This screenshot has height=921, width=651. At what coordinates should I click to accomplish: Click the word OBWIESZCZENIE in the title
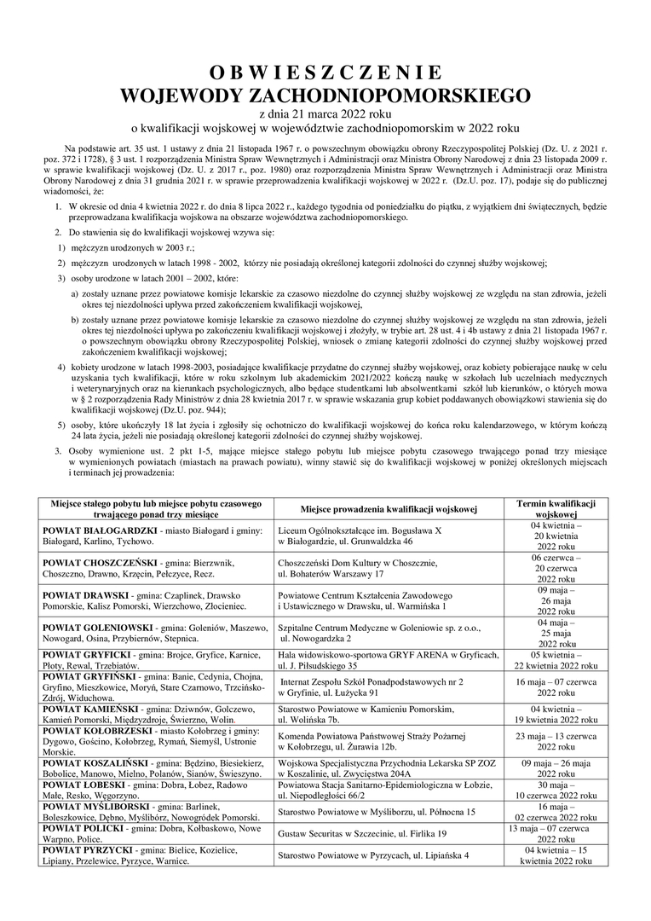click(x=325, y=72)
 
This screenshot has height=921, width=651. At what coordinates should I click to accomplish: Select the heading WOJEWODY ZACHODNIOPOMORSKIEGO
click(x=325, y=94)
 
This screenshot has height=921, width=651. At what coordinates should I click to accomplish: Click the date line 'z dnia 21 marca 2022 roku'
click(x=325, y=113)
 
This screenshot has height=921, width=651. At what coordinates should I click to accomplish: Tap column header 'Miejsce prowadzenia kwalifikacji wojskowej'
click(x=389, y=509)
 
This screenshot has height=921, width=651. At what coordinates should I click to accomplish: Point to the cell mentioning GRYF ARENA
click(x=389, y=659)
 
